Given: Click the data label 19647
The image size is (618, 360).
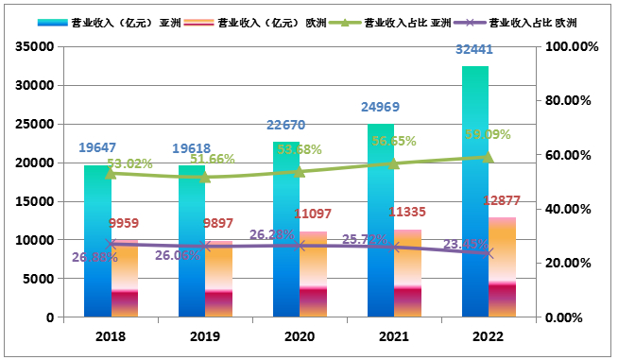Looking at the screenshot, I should (x=97, y=147).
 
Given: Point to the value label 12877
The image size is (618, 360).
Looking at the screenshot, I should (x=502, y=200).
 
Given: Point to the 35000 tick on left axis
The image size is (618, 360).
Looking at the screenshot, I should (x=34, y=46).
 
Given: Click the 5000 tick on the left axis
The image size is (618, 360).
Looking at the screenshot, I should (x=38, y=279).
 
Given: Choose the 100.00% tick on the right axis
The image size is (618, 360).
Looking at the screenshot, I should (x=573, y=46).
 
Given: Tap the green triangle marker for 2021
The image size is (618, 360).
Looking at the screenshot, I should (x=394, y=163).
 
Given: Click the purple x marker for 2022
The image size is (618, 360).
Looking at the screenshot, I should (x=489, y=253).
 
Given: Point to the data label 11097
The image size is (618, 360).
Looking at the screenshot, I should (x=313, y=214).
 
